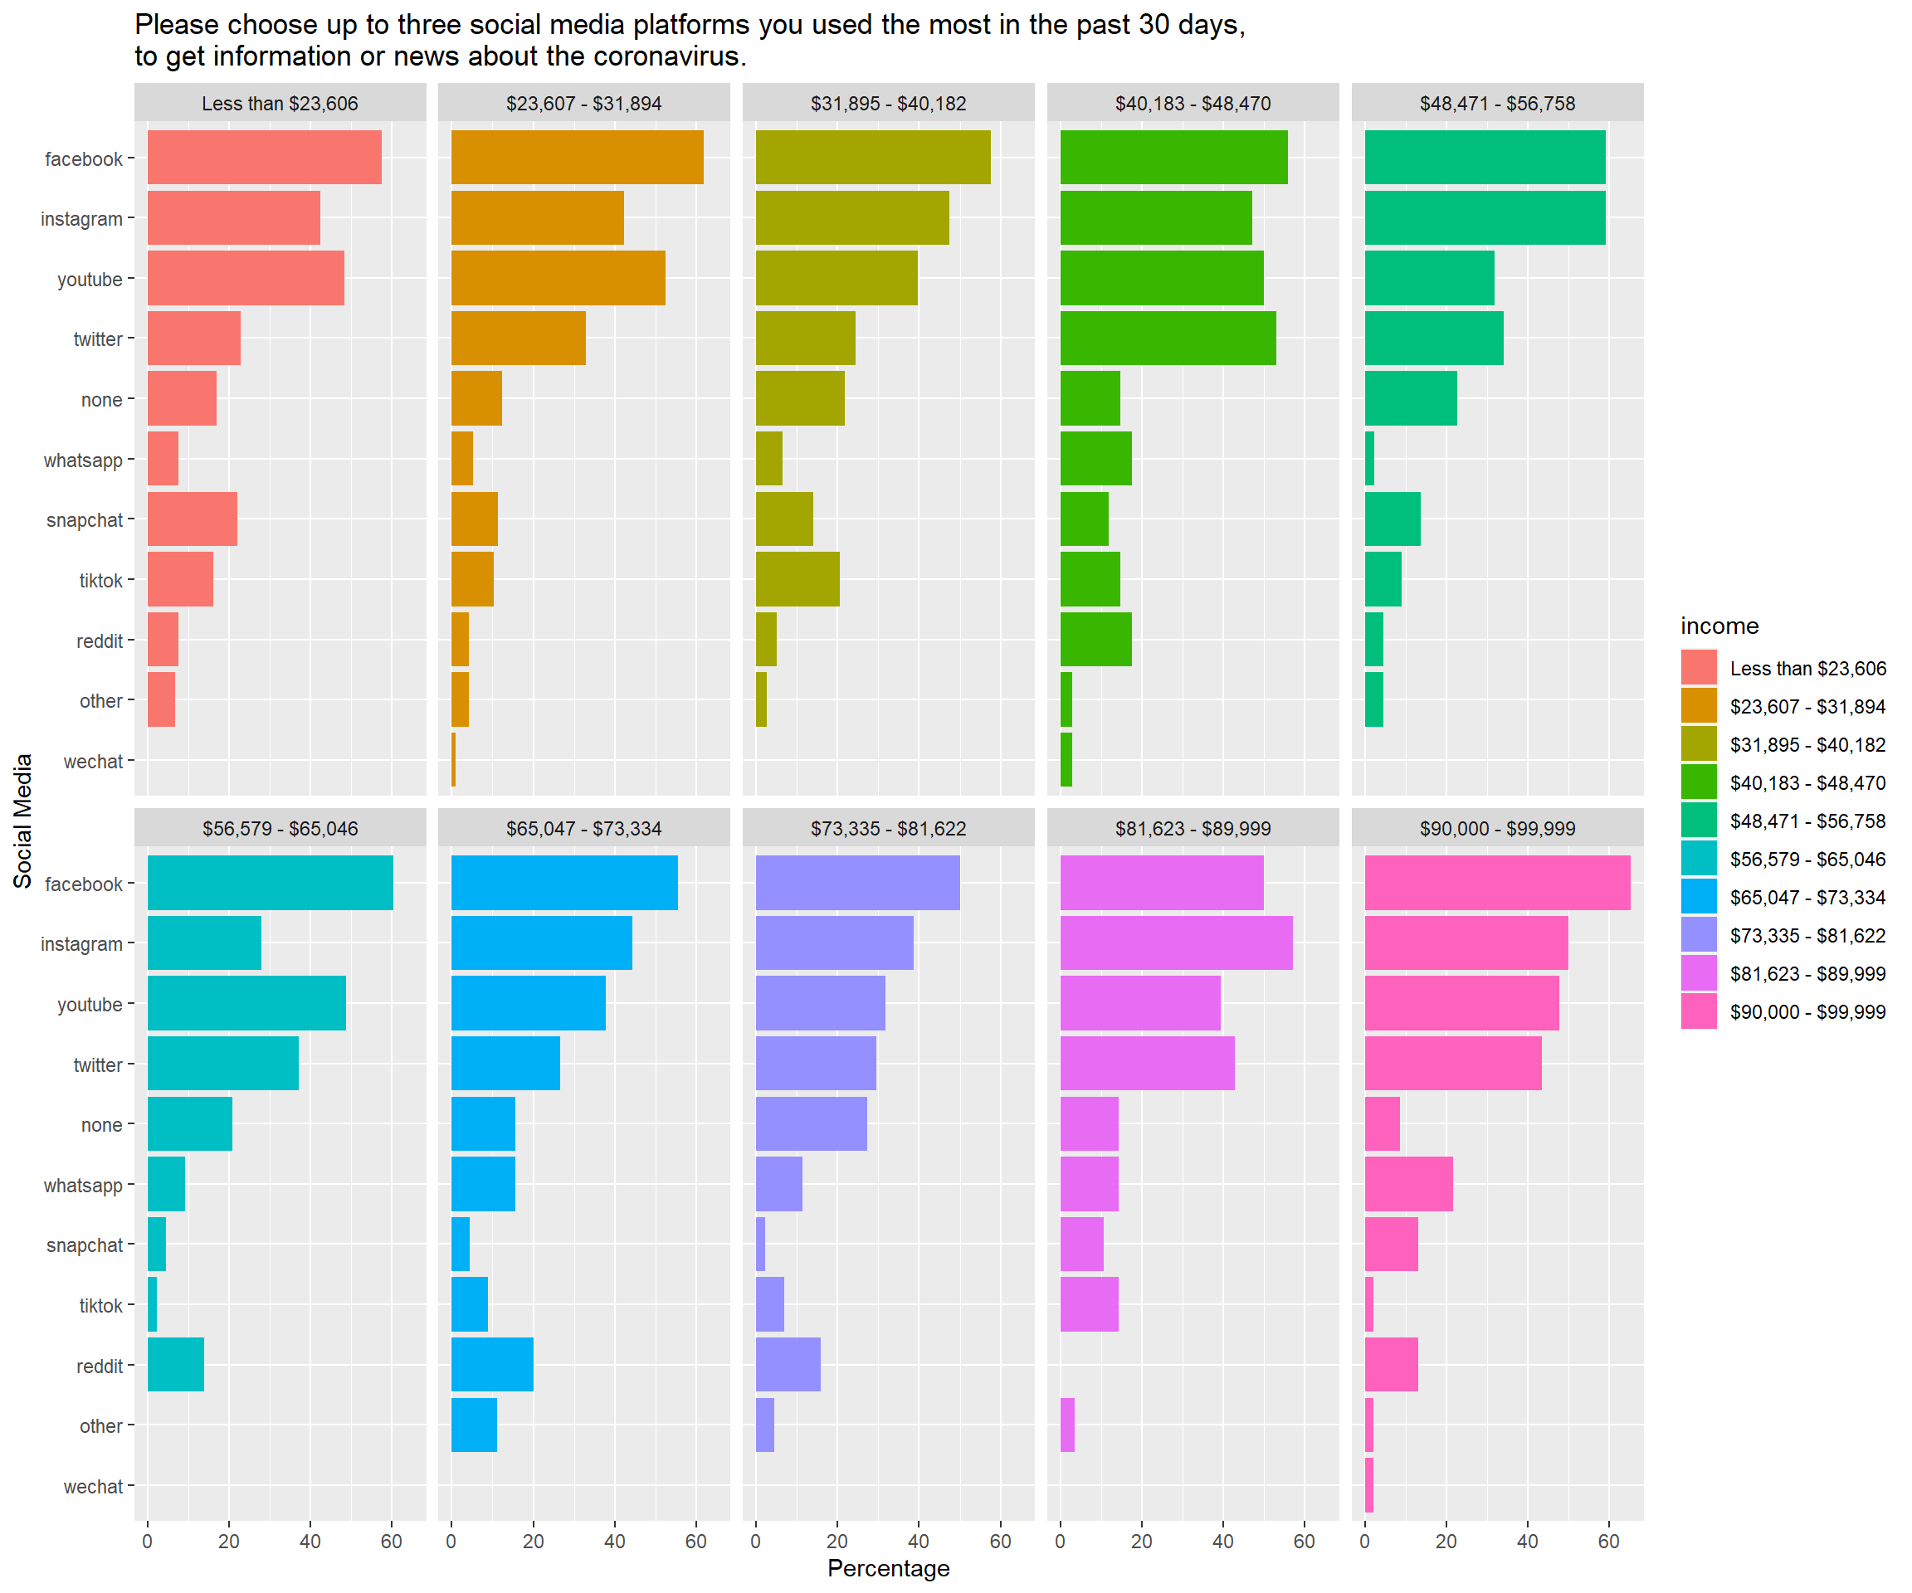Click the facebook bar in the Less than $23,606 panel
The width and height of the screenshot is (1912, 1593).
click(x=264, y=158)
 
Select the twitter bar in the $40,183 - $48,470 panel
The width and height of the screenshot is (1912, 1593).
click(x=1168, y=338)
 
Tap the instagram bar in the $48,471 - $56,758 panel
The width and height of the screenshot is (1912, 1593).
click(x=1484, y=217)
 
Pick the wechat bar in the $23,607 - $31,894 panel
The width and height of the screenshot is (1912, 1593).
click(x=453, y=760)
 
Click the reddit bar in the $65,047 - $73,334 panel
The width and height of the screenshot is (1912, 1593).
click(x=491, y=1365)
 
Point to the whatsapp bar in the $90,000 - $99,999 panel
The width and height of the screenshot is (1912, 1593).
click(x=1407, y=1184)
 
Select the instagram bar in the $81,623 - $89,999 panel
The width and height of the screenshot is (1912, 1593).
click(x=1175, y=943)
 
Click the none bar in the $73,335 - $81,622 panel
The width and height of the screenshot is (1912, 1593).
click(x=810, y=1124)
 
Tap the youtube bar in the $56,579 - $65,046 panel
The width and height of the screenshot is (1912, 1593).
click(x=246, y=1003)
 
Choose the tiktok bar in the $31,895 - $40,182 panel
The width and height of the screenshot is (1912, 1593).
click(x=797, y=579)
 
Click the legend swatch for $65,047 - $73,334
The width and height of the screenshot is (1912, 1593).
click(x=1698, y=897)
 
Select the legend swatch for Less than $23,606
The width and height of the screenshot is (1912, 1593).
click(x=1698, y=667)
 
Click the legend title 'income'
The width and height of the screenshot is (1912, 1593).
click(x=1719, y=626)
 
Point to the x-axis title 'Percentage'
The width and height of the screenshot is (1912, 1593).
click(x=888, y=1568)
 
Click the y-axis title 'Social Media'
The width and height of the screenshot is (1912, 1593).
click(x=22, y=821)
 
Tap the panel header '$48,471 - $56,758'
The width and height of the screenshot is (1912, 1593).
click(x=1497, y=103)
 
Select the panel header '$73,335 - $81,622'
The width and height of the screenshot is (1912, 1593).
click(x=888, y=828)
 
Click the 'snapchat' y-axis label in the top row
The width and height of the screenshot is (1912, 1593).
click(x=84, y=519)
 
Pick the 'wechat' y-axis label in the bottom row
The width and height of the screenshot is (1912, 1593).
click(x=92, y=1487)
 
